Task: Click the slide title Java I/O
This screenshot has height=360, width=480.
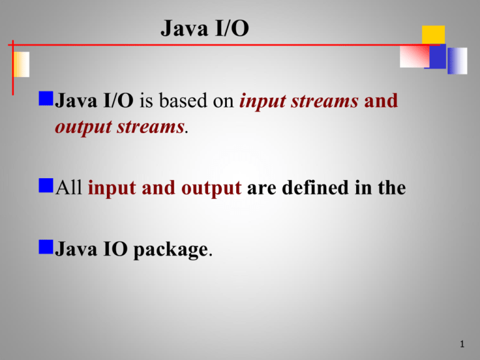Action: (204, 28)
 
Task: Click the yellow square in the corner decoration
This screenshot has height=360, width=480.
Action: (433, 35)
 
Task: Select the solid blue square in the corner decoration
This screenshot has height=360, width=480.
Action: (436, 57)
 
